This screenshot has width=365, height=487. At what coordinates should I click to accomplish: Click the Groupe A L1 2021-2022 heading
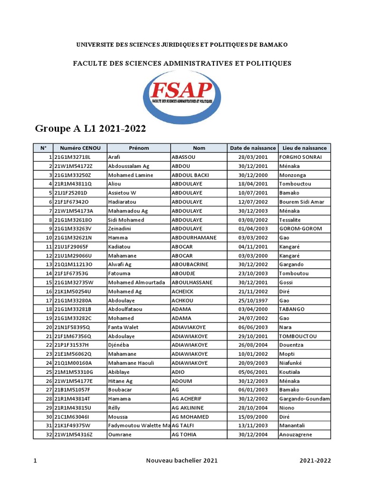coord(90,129)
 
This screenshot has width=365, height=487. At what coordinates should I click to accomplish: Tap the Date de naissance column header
coord(252,148)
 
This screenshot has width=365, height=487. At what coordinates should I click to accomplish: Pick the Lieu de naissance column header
coord(304,148)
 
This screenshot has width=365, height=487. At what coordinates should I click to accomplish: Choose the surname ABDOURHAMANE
coord(194,238)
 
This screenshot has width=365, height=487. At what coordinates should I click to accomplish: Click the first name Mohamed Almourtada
coord(137,282)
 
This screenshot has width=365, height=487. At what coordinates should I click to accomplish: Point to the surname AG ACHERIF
coord(188,399)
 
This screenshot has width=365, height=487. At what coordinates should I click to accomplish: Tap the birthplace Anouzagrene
coord(298,435)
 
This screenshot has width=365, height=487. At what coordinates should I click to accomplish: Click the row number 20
coord(48,327)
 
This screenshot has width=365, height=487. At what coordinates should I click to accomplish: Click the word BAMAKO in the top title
coord(273,45)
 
